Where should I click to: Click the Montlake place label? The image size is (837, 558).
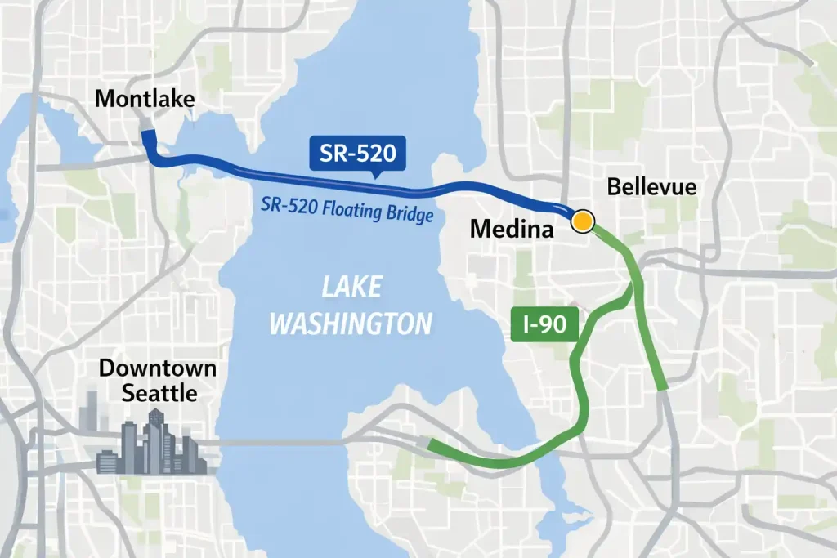[x=145, y=100]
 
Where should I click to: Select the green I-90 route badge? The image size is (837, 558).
[x=544, y=324]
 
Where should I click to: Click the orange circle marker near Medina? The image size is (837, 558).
[x=582, y=221]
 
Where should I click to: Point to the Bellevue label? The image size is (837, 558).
[x=652, y=187]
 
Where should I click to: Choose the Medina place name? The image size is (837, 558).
[x=512, y=230]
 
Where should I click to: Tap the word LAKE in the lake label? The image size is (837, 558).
[x=351, y=288]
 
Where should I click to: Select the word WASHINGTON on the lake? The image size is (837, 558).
[x=351, y=324]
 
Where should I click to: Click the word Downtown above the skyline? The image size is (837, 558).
[x=158, y=368]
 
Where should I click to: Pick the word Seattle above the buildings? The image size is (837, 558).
[x=159, y=393]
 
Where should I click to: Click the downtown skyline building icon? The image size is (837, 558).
[x=151, y=445]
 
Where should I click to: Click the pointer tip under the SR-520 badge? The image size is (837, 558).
[x=374, y=175]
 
